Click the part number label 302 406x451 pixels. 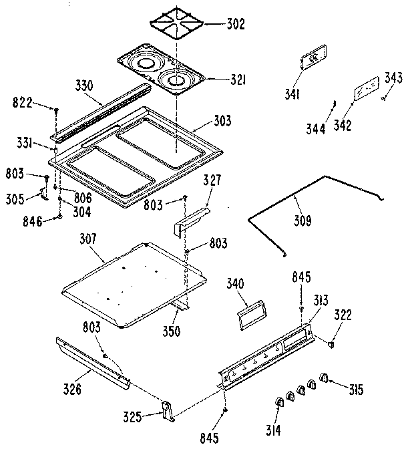click(216, 25)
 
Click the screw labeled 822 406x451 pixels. click(57, 108)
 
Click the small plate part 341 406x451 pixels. click(313, 59)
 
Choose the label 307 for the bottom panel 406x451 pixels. click(88, 239)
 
